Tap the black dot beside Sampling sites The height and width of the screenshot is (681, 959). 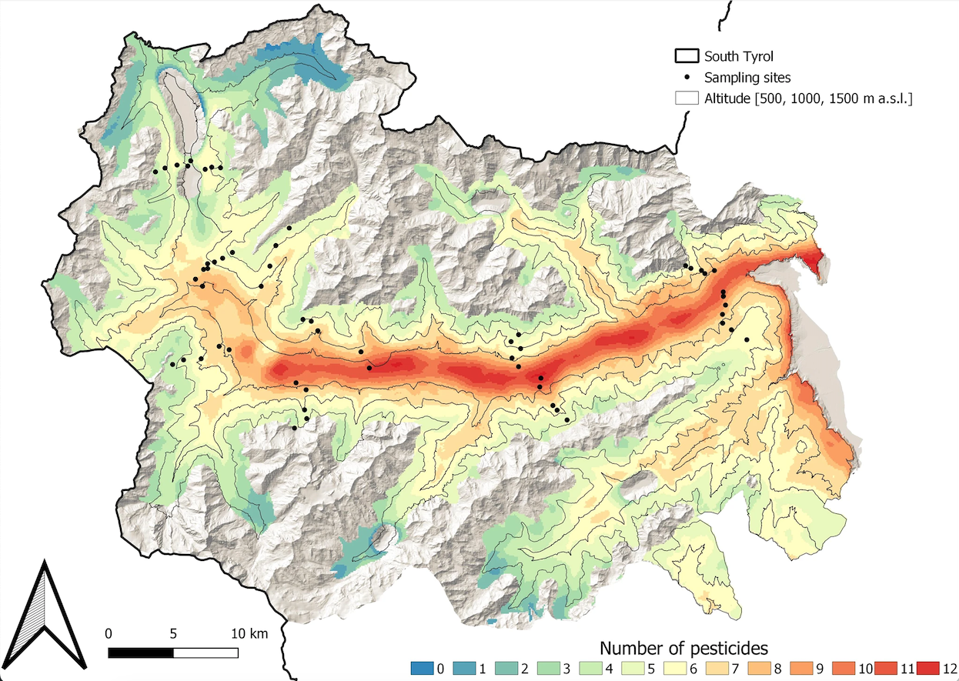click(686, 78)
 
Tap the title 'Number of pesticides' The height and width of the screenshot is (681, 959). click(683, 648)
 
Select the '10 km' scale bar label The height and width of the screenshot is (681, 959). click(249, 634)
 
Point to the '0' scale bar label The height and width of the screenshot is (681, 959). click(109, 634)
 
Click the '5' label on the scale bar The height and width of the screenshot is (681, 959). click(173, 634)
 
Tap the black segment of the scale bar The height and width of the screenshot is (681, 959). click(141, 653)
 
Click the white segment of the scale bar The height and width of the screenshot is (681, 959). click(205, 653)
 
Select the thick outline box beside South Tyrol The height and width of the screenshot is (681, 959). click(686, 56)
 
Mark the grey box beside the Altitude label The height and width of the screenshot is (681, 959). click(686, 98)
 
